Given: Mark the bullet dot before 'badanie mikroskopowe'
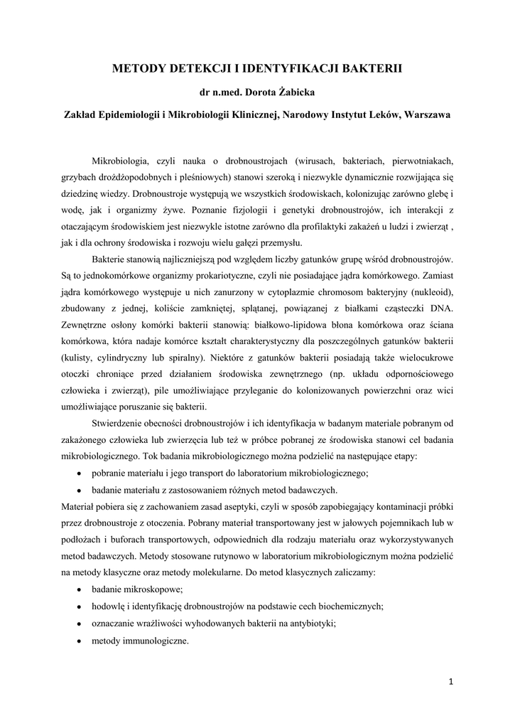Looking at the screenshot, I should (x=78, y=589).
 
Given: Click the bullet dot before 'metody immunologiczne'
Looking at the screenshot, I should (x=78, y=640).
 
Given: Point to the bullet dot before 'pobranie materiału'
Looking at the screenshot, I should (x=78, y=473).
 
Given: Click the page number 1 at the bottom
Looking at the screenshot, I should (x=450, y=682).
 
